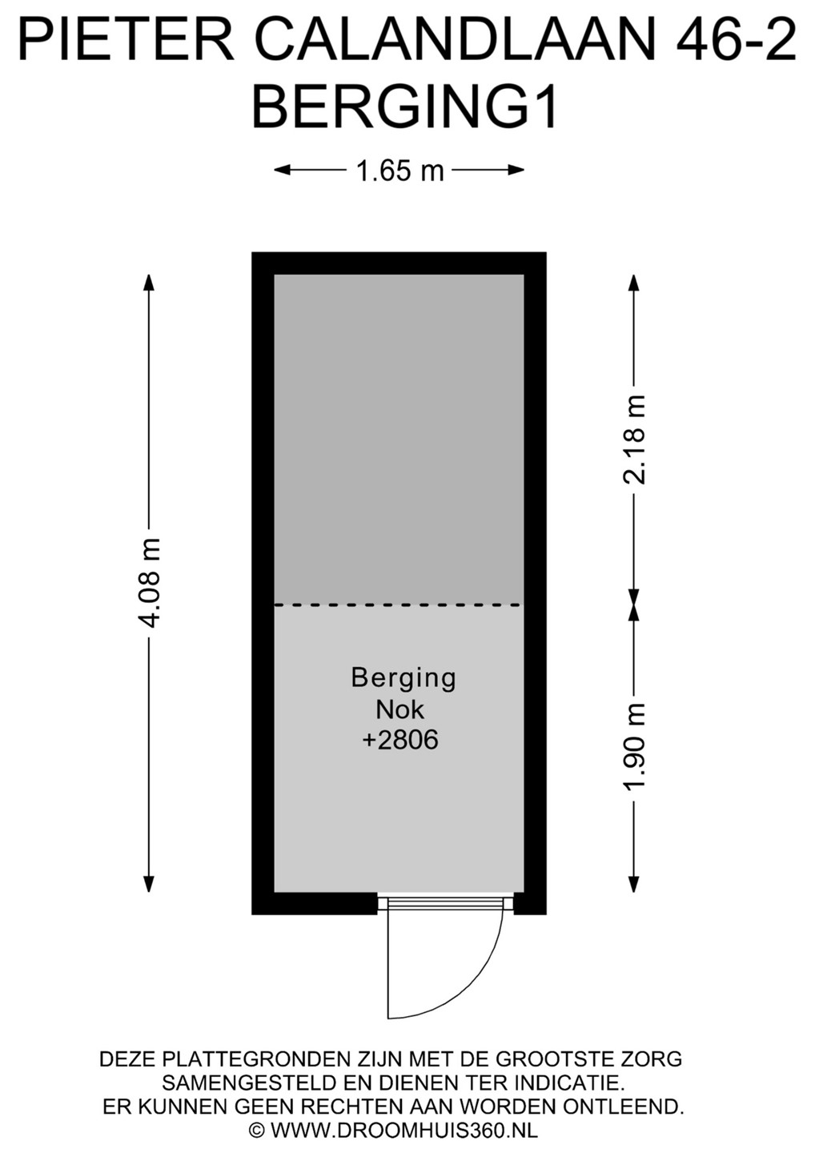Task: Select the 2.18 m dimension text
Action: [633, 439]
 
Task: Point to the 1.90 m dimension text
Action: [633, 745]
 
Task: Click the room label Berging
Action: [403, 679]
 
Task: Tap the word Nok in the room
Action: [399, 710]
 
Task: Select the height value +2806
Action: [400, 741]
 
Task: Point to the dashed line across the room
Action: [399, 605]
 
